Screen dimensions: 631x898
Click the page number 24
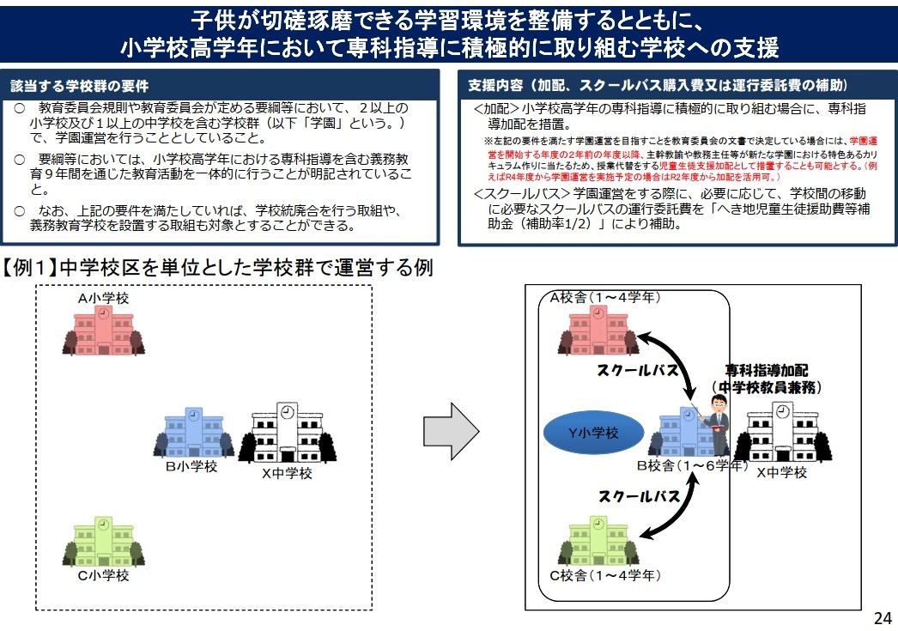click(x=883, y=617)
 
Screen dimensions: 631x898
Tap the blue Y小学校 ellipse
click(x=594, y=434)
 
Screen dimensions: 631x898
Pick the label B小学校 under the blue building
click(x=191, y=466)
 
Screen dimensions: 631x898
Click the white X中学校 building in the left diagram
click(x=287, y=434)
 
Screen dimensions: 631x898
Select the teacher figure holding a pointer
click(x=714, y=426)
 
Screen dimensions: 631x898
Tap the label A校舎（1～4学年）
click(x=605, y=298)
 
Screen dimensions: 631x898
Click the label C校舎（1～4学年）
click(x=605, y=574)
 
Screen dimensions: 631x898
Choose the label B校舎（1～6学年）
click(x=691, y=466)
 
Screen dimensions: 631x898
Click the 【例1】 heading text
click(x=220, y=268)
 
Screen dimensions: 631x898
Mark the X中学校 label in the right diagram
click(x=781, y=472)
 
